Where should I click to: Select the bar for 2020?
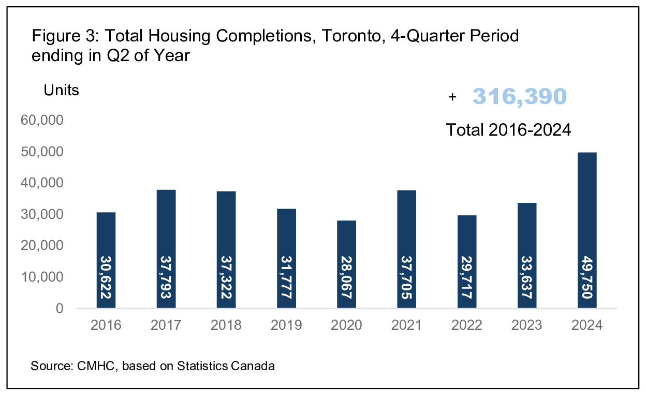point(346,264)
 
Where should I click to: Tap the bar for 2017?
point(166,249)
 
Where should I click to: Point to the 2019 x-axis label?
point(286,325)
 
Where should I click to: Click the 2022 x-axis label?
point(466,325)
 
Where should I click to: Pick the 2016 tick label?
point(106,325)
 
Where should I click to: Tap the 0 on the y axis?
point(60,309)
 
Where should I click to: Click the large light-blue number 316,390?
point(519,97)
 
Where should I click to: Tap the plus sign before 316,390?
point(452,97)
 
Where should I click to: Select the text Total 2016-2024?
point(508,129)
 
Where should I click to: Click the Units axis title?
point(61,90)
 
